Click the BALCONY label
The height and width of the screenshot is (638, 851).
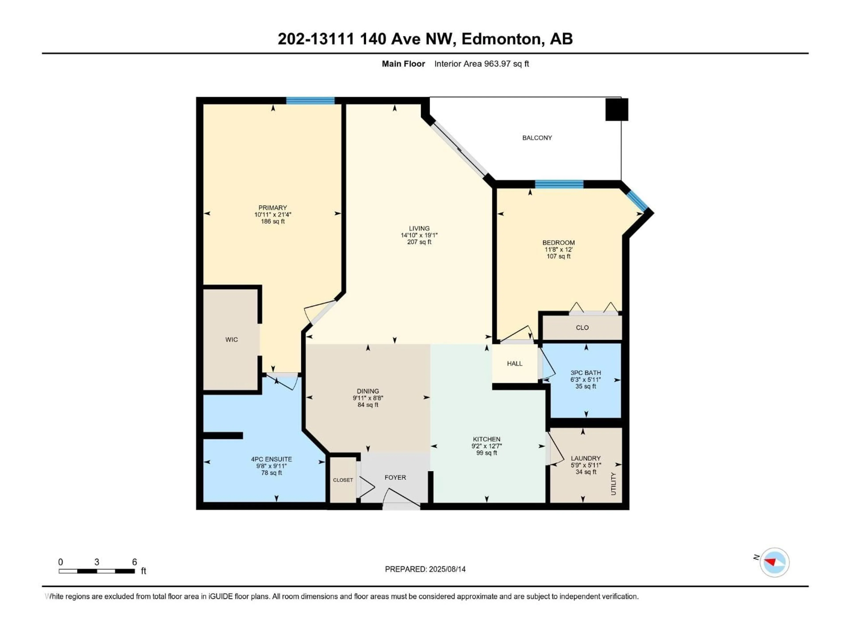pos(537,138)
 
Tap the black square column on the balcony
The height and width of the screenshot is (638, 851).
pos(617,110)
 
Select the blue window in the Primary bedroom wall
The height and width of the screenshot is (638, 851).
pos(310,101)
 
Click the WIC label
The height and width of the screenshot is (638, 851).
pos(231,340)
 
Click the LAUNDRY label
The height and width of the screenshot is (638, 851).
pos(586,458)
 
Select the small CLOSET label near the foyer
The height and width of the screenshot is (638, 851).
pos(343,480)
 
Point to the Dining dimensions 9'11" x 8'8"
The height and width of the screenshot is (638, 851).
pos(368,398)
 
